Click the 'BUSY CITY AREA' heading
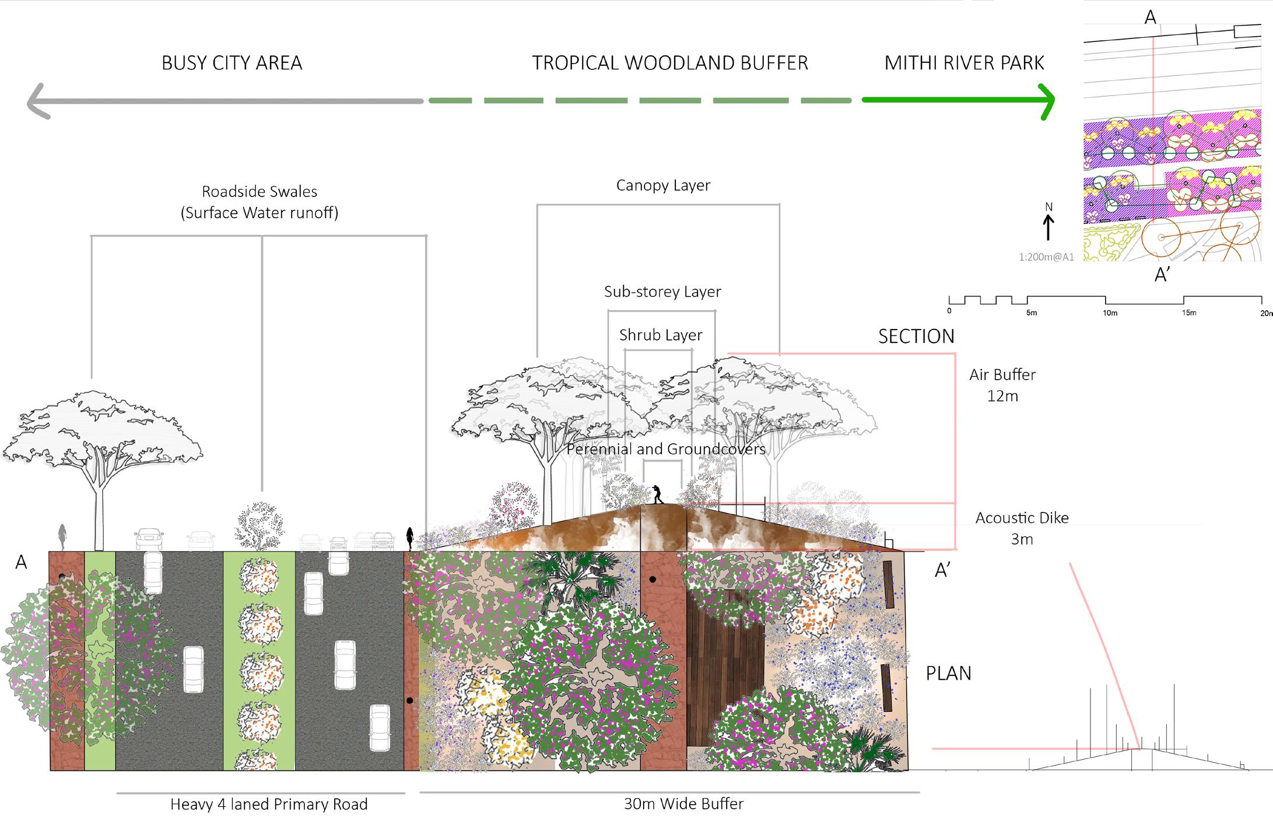tap(232, 63)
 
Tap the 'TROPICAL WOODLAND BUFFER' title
tap(669, 63)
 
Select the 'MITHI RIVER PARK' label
tap(964, 63)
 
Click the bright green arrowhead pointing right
tap(1047, 101)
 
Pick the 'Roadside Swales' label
tap(259, 192)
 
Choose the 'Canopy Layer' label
tap(663, 185)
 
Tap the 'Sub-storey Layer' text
tap(662, 292)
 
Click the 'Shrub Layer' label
tap(661, 335)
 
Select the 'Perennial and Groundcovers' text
tap(665, 449)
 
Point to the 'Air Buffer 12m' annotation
tap(1002, 385)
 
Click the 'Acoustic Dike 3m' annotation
tap(1022, 528)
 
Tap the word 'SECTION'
tap(916, 336)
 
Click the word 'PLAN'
tap(948, 673)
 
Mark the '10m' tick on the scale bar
tap(1110, 313)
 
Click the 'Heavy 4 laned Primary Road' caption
tap(269, 805)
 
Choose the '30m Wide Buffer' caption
tap(683, 804)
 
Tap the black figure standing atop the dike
tap(658, 494)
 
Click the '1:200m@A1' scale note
tap(1046, 257)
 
